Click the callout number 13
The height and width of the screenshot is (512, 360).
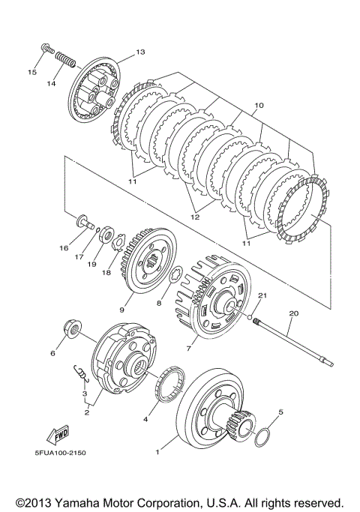point(140,52)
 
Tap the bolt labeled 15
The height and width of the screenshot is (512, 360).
point(48,48)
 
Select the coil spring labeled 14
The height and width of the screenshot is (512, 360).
point(65,59)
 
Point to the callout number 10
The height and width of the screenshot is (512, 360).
point(259,106)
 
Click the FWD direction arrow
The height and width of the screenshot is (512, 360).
point(58,435)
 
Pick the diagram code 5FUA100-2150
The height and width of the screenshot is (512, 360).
point(60,453)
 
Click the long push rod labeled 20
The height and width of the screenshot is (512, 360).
point(293,343)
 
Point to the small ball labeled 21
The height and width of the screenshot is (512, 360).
point(250,316)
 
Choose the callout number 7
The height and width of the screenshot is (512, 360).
point(188,349)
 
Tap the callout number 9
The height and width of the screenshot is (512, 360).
point(121,310)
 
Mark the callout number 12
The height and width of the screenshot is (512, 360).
point(195,217)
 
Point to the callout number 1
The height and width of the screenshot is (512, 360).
point(157,452)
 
